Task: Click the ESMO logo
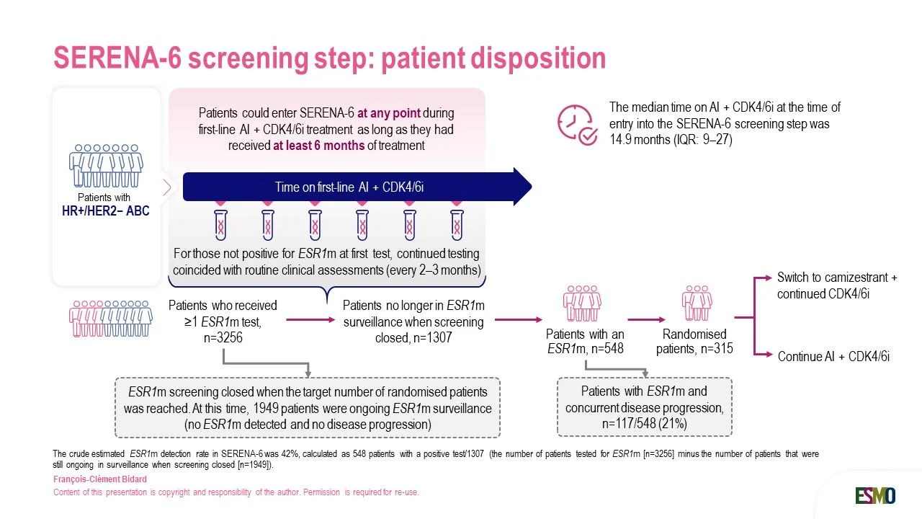point(875,495)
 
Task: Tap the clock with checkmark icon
point(577,125)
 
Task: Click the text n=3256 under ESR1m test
point(223,338)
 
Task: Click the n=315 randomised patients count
point(717,349)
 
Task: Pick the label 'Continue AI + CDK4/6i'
point(833,356)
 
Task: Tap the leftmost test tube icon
point(220,224)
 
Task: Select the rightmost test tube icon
point(457,224)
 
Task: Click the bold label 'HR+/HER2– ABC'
point(105,211)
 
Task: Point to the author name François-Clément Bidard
point(100,479)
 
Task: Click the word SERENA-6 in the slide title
point(117,58)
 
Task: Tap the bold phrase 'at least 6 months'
point(318,146)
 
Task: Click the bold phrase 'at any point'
point(389,113)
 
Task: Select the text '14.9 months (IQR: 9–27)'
point(671,140)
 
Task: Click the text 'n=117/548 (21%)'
point(645,424)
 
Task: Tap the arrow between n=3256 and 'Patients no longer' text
point(310,319)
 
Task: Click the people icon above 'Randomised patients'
point(697,303)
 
